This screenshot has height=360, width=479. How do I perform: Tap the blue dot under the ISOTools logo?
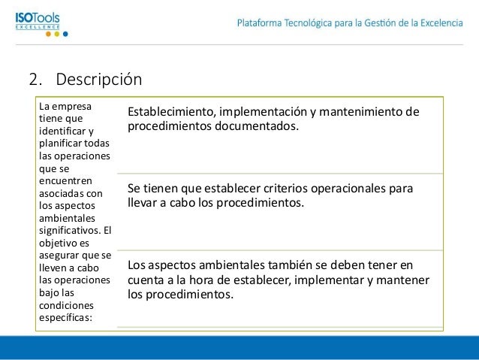coord(65,34)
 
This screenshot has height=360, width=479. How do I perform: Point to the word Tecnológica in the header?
coord(315,23)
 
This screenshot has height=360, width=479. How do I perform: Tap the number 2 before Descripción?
coord(33,79)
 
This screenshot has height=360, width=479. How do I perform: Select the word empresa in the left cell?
coord(68,106)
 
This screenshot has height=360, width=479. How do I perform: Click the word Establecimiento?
coord(170,113)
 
